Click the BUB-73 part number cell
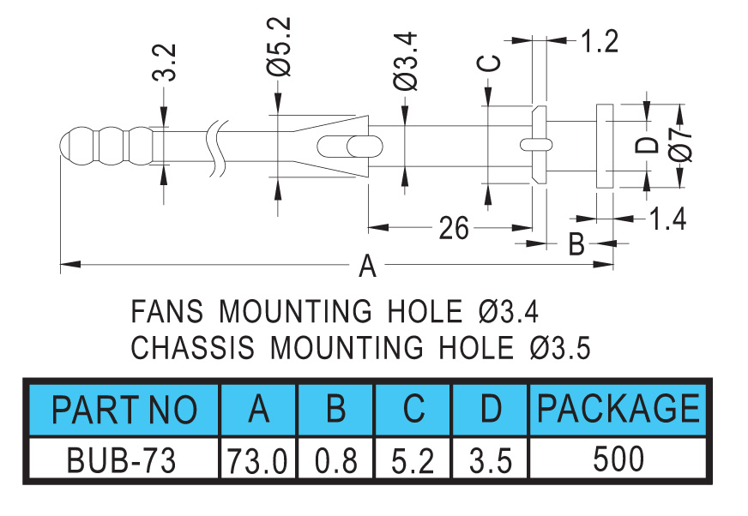tap(121, 460)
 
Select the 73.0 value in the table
tap(257, 461)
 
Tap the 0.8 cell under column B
tap(336, 461)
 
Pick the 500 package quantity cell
tap(618, 459)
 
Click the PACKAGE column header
tap(618, 408)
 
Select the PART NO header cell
tap(124, 409)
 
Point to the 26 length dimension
tap(454, 228)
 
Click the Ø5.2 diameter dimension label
tap(279, 46)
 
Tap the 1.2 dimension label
tap(600, 41)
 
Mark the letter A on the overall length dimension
tap(367, 266)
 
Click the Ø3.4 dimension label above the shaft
tap(406, 61)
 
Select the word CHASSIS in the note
tap(193, 347)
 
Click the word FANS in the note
tap(167, 311)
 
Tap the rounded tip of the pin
tap(70, 146)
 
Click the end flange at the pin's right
tap(605, 146)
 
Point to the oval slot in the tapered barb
tap(350, 147)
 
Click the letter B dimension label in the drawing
tap(576, 243)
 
